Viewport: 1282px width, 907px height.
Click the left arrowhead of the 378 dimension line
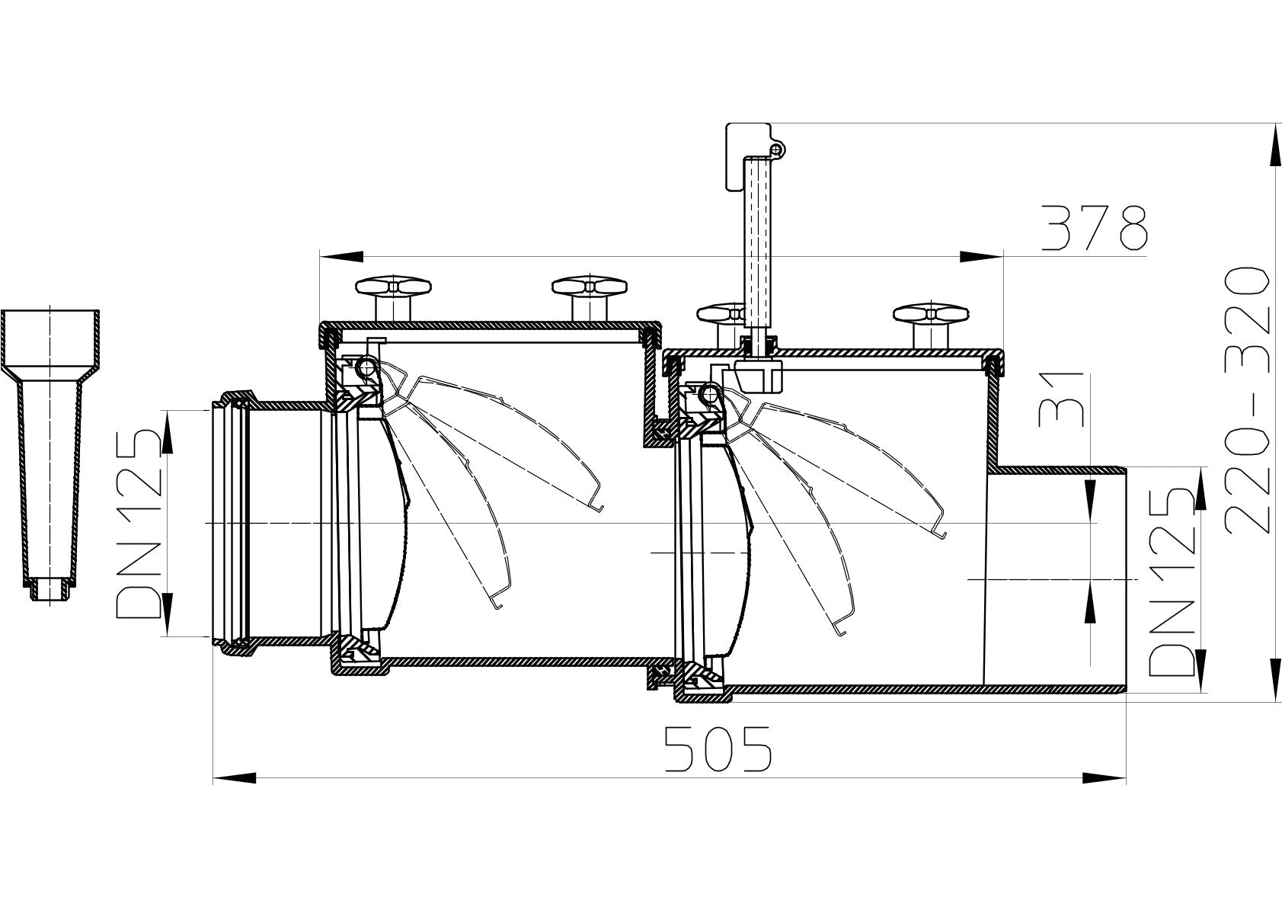coord(340,256)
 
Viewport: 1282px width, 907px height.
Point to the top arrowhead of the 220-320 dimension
coord(1274,145)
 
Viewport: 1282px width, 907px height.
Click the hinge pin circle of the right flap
coord(708,394)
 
